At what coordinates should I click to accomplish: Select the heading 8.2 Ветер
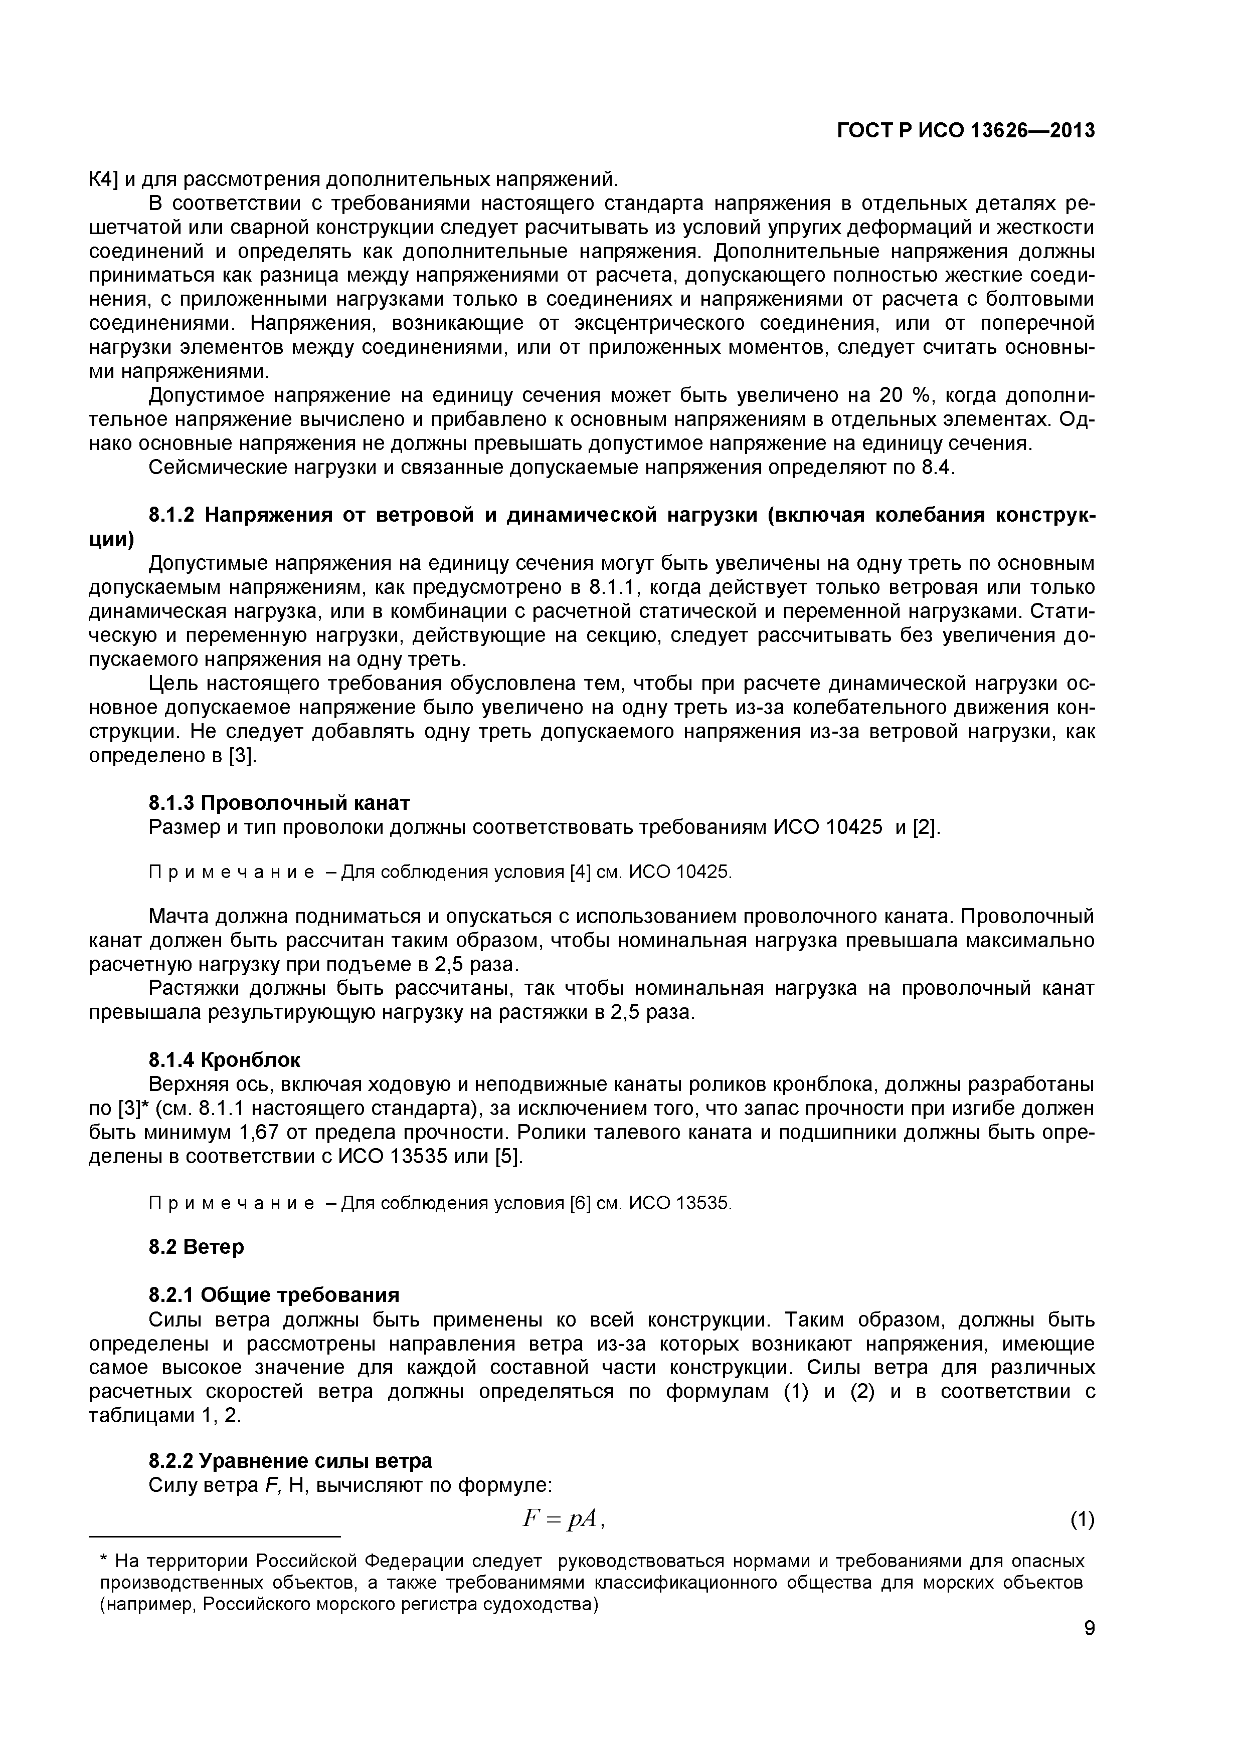coord(196,1246)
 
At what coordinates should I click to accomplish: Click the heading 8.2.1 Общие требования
coord(273,1295)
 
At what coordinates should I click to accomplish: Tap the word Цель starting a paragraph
coord(173,683)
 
